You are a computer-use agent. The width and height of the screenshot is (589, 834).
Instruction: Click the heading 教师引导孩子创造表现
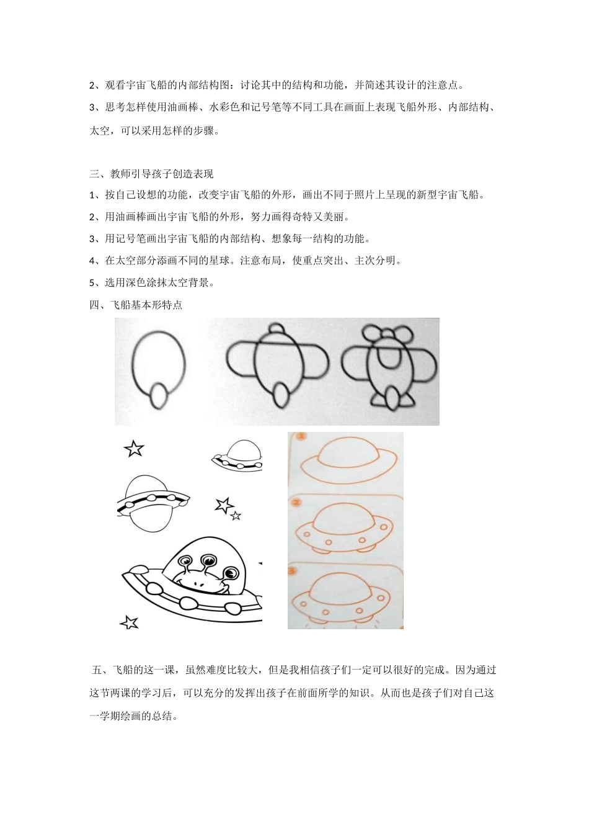click(162, 174)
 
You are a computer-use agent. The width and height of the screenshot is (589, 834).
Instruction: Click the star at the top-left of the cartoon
click(134, 448)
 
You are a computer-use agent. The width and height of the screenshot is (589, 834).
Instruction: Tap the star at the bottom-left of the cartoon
click(129, 622)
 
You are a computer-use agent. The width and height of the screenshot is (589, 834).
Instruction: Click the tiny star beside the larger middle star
click(236, 515)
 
